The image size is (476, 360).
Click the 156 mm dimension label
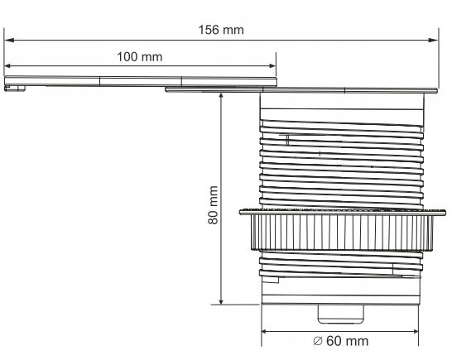[x=221, y=30]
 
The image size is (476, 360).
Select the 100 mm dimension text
[x=140, y=57]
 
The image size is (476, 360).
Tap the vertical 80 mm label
[x=213, y=205]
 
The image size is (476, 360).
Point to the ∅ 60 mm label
[x=340, y=341]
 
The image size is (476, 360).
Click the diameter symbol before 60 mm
[x=318, y=341]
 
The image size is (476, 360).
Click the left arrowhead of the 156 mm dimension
[x=9, y=40]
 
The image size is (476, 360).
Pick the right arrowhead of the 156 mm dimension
[x=433, y=40]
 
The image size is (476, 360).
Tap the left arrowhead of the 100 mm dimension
[x=9, y=65]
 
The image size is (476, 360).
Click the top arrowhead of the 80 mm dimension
[x=221, y=98]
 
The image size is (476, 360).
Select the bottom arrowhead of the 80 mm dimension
[x=221, y=300]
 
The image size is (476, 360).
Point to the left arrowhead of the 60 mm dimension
[x=267, y=331]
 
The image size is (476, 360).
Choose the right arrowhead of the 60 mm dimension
[x=413, y=331]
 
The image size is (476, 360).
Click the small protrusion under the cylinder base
[x=340, y=314]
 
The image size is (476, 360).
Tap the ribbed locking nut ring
[x=343, y=230]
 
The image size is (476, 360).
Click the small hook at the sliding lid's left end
[x=15, y=89]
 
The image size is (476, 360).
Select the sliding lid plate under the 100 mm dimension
[x=141, y=81]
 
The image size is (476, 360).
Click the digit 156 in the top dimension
[x=209, y=30]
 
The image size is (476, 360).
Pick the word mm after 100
[x=152, y=57]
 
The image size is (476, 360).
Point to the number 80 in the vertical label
[x=213, y=218]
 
